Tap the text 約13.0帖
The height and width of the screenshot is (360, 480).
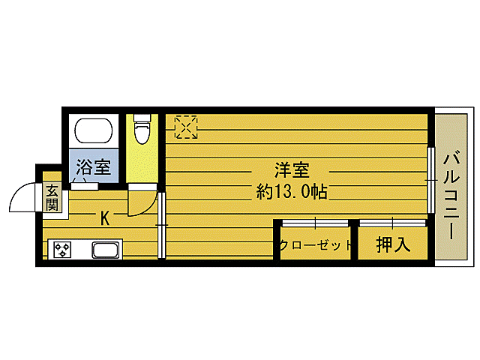292,191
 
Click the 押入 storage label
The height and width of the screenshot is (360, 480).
393,245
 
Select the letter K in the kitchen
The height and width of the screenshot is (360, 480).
105,219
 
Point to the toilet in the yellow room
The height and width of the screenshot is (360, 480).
141,128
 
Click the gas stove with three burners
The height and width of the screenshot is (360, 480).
60,249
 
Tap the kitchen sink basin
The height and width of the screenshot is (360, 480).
105,249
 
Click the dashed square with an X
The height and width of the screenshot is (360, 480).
185,127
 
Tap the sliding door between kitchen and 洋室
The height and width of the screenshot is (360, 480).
161,225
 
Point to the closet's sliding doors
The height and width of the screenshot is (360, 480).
315,223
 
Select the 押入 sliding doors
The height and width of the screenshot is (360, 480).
392,223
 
